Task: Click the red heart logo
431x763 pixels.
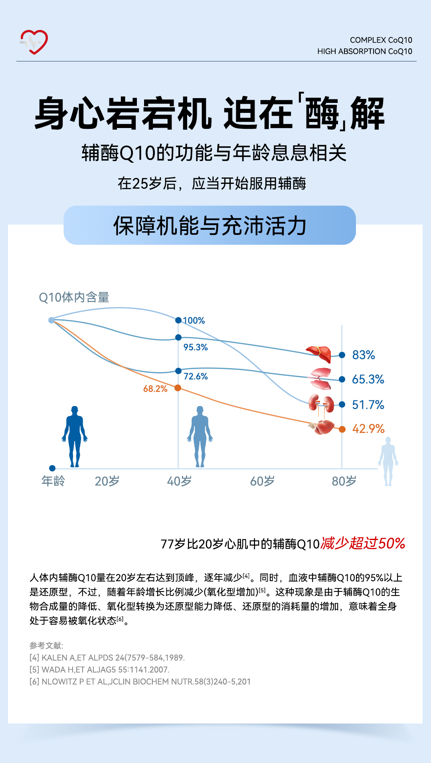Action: (34, 41)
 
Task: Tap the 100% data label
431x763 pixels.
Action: (194, 321)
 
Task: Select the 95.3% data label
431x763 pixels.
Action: (196, 347)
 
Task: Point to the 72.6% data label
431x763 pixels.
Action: (196, 377)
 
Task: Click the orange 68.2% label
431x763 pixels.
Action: (155, 389)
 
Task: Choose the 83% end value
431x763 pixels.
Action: (364, 355)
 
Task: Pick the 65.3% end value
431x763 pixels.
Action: (368, 379)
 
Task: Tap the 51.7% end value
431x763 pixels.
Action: (368, 405)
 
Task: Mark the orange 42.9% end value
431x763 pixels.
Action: (368, 429)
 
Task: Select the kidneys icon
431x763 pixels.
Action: (321, 404)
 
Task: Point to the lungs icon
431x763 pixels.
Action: (321, 378)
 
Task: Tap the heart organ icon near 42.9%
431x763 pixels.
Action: (322, 427)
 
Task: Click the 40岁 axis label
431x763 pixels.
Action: (179, 481)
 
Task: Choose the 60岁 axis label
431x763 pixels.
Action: (262, 481)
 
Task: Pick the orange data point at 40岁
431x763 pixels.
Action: (178, 388)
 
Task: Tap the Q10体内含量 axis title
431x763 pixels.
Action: (74, 298)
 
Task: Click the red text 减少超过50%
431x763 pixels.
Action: (363, 543)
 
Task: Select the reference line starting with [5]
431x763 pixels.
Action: (99, 670)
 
